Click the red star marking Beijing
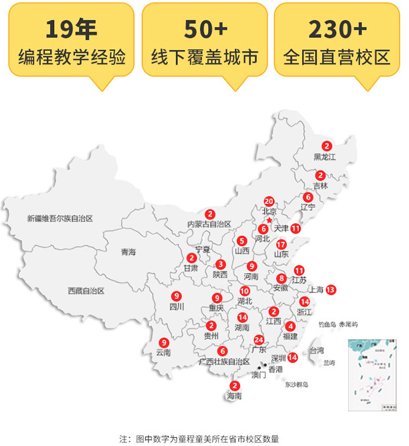[x=269, y=221]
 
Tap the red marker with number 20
[x=269, y=202]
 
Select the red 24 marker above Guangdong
[x=259, y=339]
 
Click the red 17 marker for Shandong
[x=281, y=244]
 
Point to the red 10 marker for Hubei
[x=245, y=291]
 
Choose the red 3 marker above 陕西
[x=221, y=264]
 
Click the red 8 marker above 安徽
[x=281, y=278]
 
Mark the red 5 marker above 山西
[x=242, y=241]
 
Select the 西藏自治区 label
[x=86, y=291]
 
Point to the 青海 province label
[x=128, y=252]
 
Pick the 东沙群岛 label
[x=297, y=384]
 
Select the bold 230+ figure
[x=337, y=29]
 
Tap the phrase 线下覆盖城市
[x=204, y=57]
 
